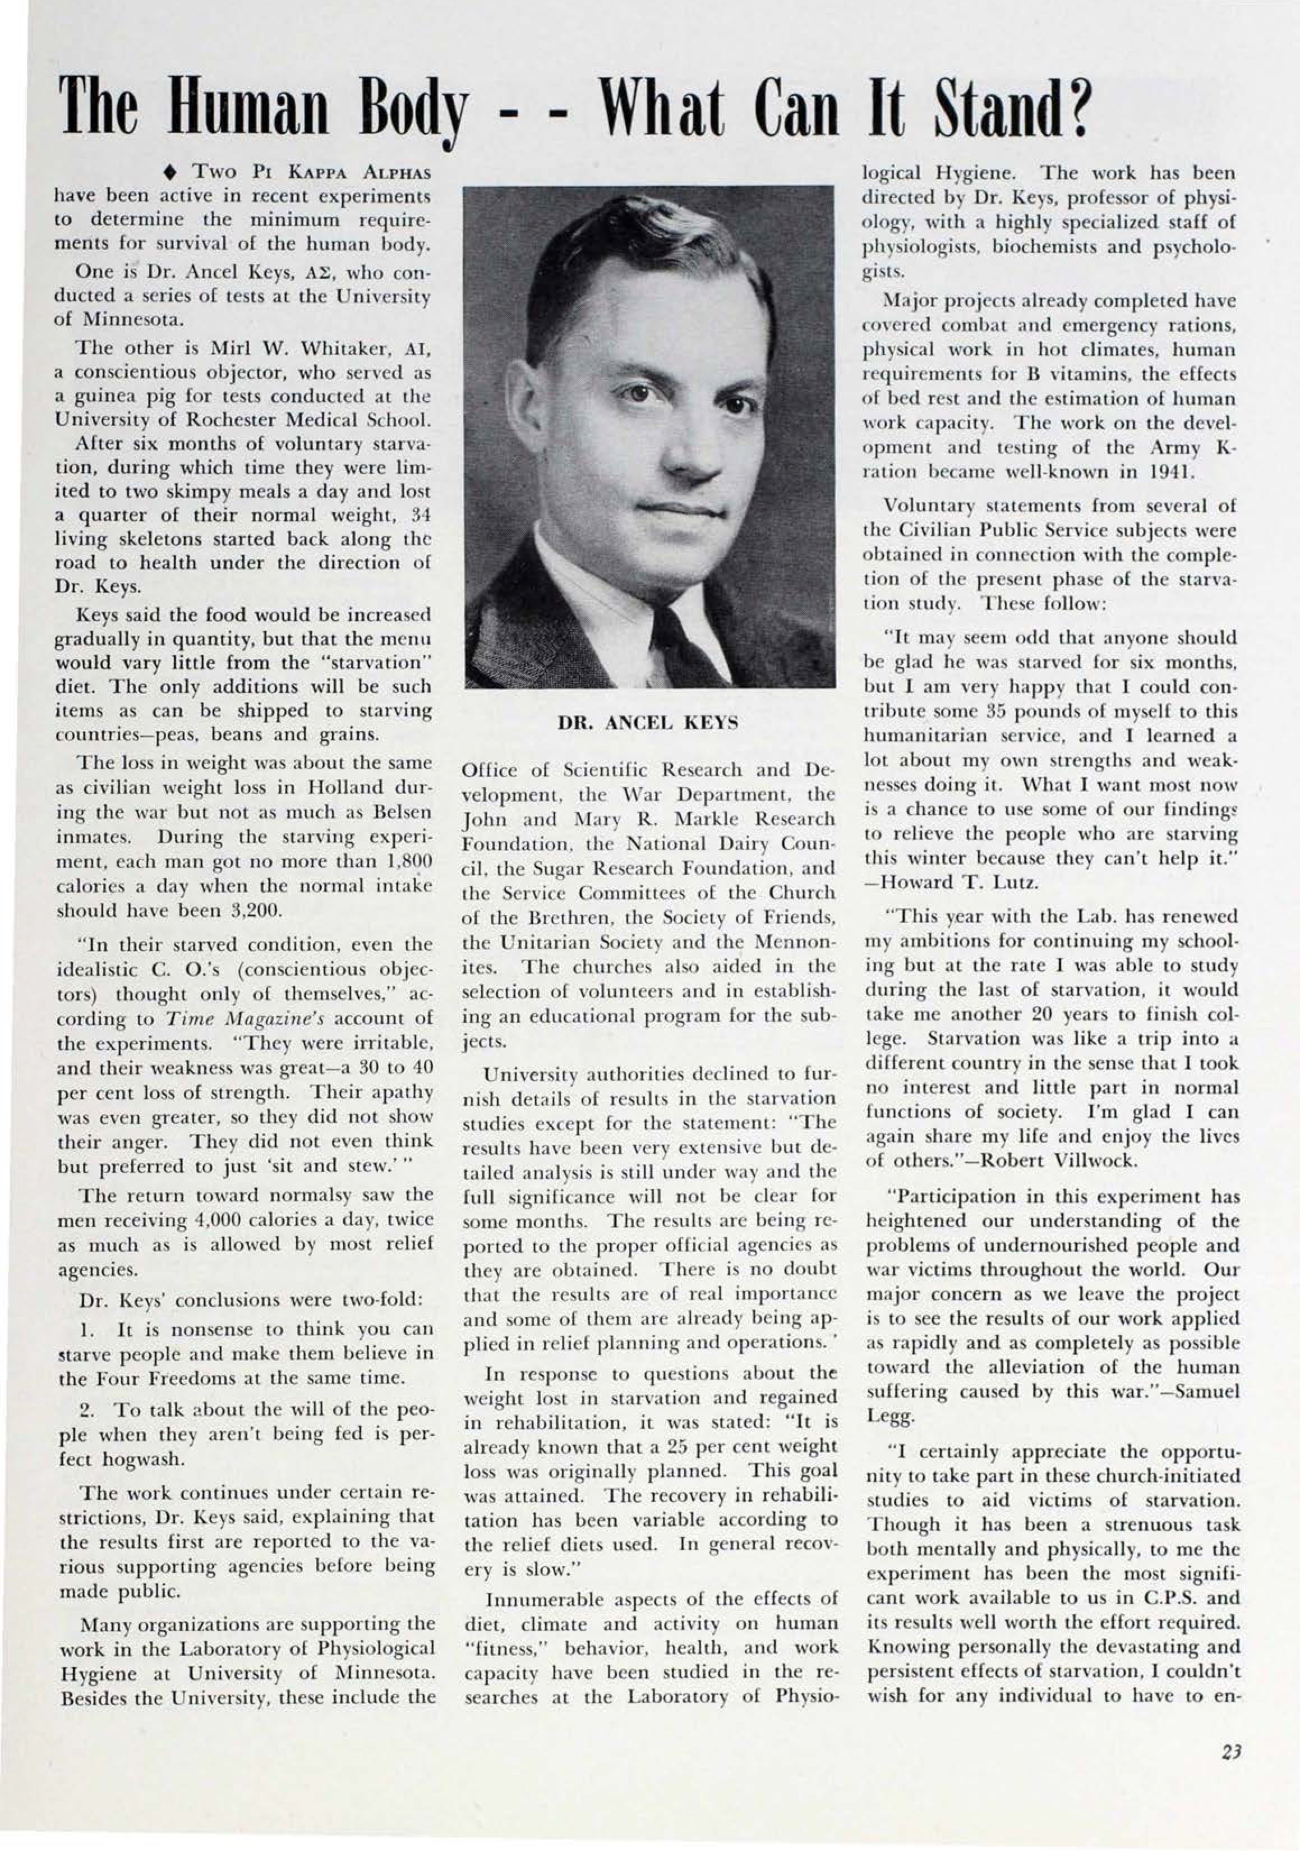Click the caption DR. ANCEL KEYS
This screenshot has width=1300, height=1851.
(648, 723)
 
